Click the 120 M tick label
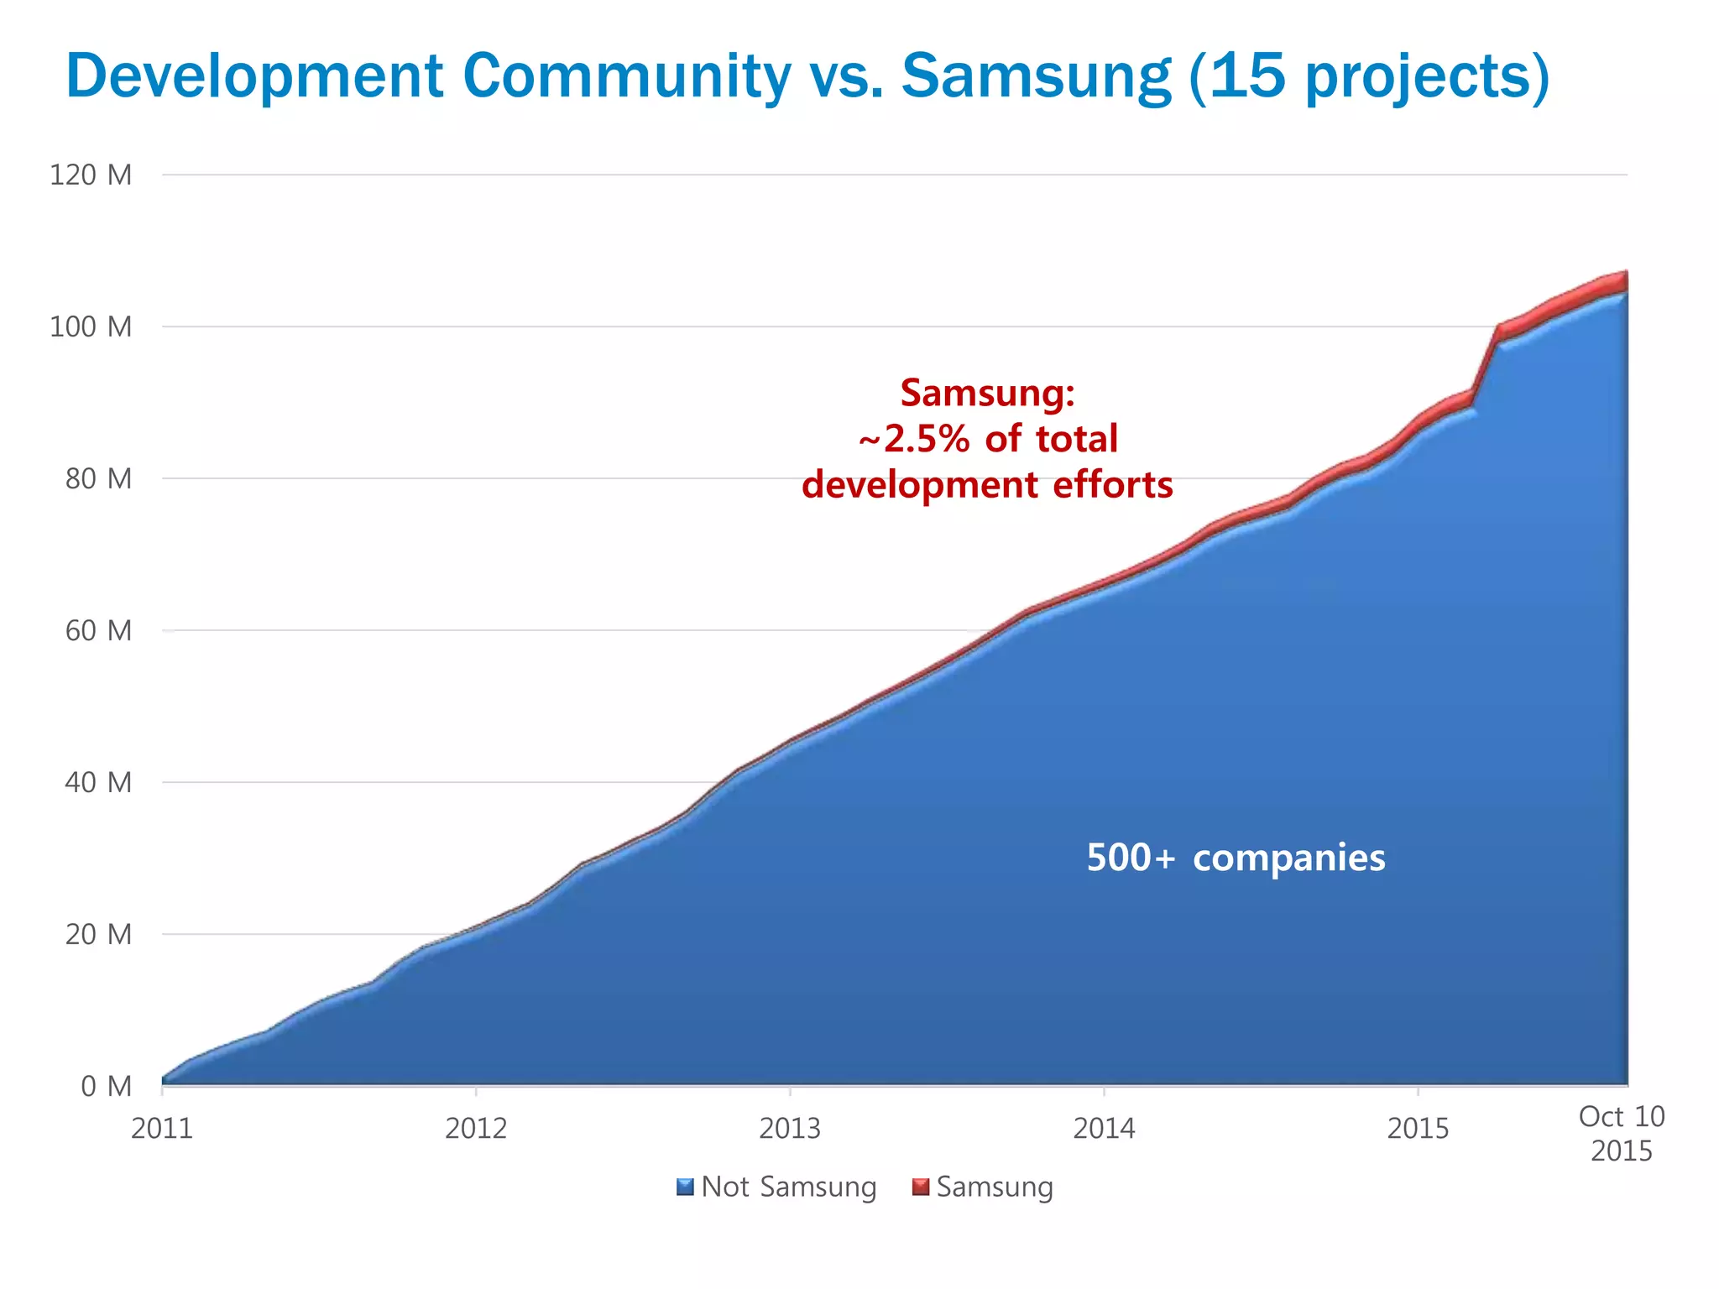(91, 175)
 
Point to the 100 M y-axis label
(91, 326)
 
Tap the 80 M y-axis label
(98, 478)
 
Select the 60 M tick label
(98, 630)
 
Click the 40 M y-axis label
(98, 782)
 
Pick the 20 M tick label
(98, 934)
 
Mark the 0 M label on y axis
(106, 1086)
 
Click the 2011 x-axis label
(162, 1129)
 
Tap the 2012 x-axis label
(476, 1129)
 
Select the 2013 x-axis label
(790, 1129)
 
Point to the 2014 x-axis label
(1104, 1129)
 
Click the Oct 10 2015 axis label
(1621, 1133)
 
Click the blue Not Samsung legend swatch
(685, 1187)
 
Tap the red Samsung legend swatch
(921, 1187)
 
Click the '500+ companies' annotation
(1236, 858)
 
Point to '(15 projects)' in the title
(1369, 77)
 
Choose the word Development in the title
(254, 77)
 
